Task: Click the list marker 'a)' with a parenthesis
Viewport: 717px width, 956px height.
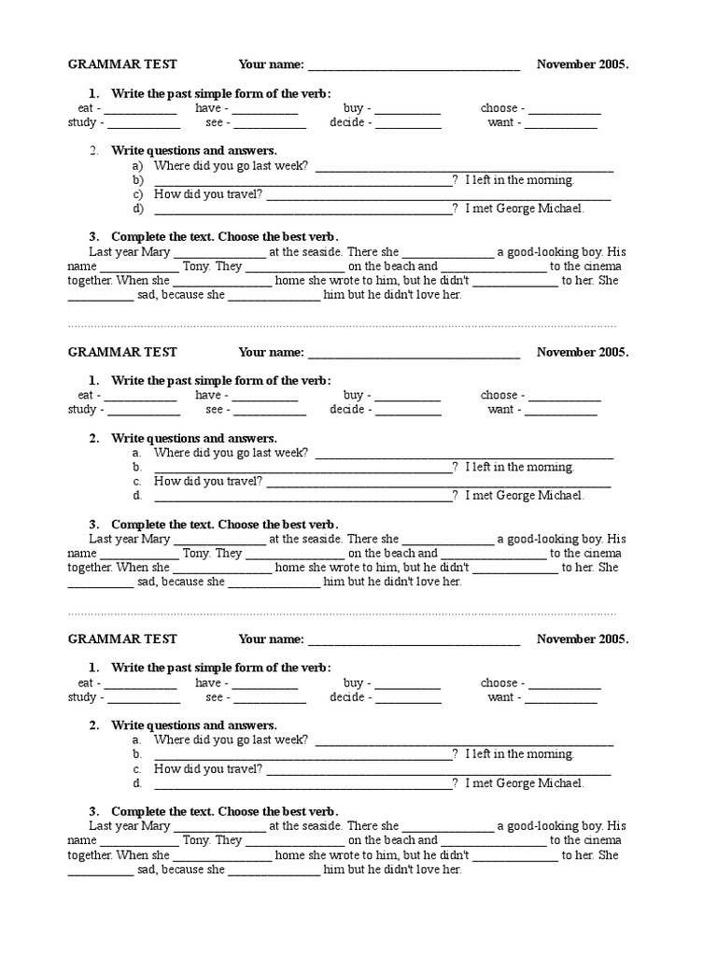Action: coord(137,166)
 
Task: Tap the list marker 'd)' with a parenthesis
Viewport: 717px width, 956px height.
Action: coord(137,208)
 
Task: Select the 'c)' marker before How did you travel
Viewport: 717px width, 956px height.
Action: coord(137,194)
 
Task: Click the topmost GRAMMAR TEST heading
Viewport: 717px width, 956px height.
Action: coord(122,64)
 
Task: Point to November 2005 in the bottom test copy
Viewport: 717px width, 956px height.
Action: coord(583,640)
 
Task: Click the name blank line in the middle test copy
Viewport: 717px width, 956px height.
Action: coord(414,354)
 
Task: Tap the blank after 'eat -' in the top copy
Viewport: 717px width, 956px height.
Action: coord(139,110)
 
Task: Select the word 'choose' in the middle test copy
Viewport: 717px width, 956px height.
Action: coord(499,395)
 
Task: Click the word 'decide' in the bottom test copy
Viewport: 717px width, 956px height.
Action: coord(346,696)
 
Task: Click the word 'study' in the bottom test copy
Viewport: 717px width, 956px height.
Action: coord(82,696)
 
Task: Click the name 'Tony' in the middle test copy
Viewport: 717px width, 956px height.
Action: coord(196,553)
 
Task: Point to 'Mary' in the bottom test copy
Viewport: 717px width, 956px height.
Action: coord(156,825)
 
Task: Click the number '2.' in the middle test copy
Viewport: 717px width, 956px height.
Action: coord(94,438)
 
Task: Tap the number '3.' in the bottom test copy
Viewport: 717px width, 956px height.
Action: coord(94,811)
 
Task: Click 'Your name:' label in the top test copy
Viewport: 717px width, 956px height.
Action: coord(271,64)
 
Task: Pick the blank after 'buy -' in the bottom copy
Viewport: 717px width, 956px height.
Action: coord(407,684)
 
